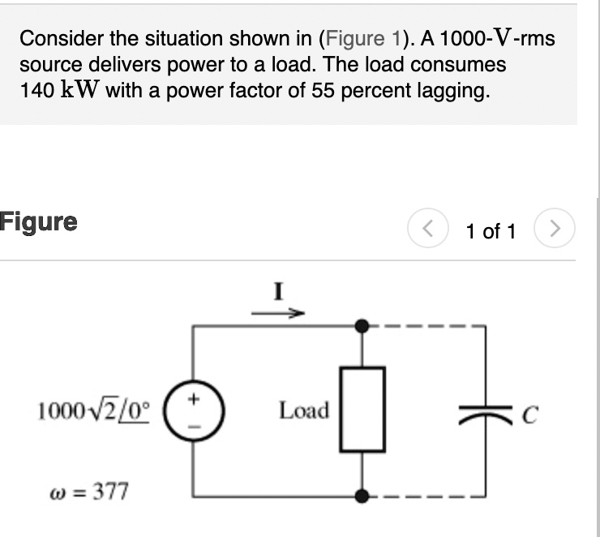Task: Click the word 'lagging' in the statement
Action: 454,90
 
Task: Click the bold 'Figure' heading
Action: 39,222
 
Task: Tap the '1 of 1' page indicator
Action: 491,232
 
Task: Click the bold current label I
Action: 278,290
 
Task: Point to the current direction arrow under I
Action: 278,311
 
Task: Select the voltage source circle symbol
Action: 192,410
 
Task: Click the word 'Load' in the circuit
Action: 304,410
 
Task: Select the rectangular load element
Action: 362,410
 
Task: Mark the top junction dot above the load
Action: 362,326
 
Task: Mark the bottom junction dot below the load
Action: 362,494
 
